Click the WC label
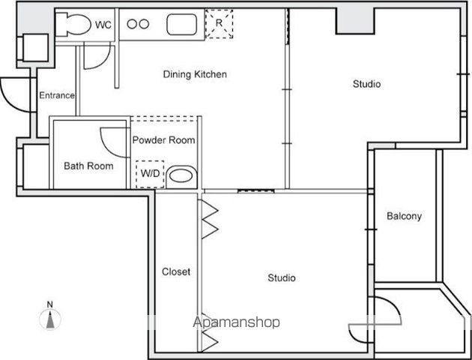(103, 25)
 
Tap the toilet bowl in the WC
(78, 25)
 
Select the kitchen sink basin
(182, 24)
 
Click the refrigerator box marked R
(219, 24)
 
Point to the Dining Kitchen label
(195, 74)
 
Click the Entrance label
(57, 95)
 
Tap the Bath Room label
(88, 166)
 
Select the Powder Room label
(164, 140)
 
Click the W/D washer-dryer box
(150, 175)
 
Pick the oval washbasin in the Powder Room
(181, 176)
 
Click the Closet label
(176, 271)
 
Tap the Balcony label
(404, 216)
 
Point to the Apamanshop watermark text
(236, 322)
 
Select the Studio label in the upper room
(366, 84)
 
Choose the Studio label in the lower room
(282, 277)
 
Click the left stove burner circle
(132, 24)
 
